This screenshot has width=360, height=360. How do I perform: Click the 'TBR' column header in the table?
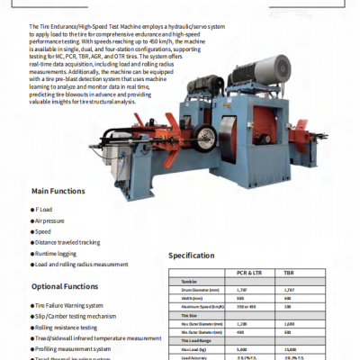289,271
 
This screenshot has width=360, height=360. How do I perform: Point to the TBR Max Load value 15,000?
291,348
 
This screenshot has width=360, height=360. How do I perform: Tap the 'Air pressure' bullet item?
50,220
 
